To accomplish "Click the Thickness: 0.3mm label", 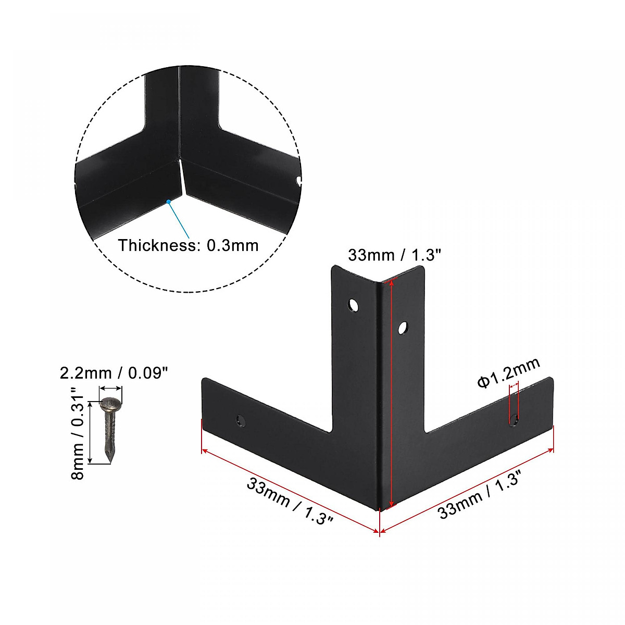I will pos(188,245).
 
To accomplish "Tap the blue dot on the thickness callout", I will pos(168,201).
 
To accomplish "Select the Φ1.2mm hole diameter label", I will pos(509,373).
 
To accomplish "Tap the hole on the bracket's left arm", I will pos(241,419).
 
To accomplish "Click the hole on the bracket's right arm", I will pos(515,418).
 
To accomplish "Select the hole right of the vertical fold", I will pos(402,328).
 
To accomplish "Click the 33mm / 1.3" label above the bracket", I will pos(394,255).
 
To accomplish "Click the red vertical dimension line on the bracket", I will pos(391,391).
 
